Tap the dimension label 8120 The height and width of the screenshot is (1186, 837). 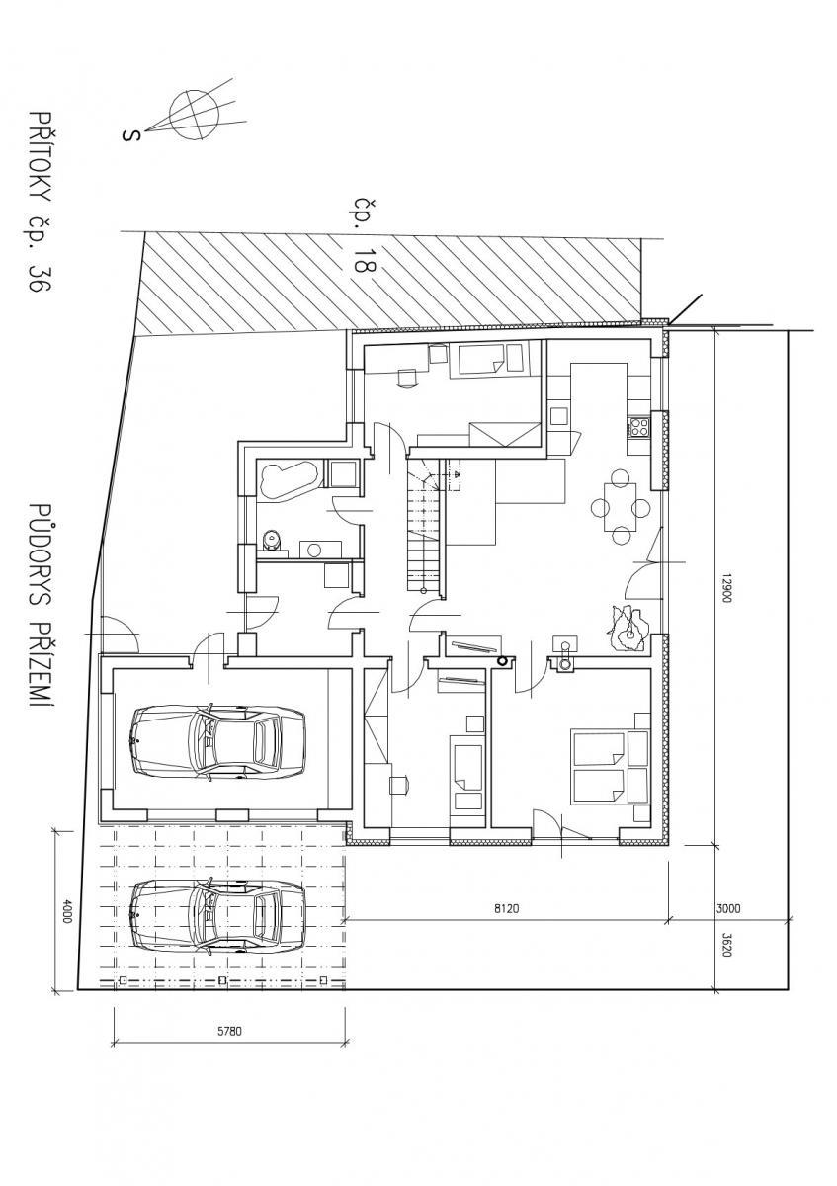tap(507, 908)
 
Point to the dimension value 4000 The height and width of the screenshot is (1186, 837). tap(65, 910)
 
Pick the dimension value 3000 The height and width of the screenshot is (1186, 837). tap(728, 908)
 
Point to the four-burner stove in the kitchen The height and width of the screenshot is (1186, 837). tap(638, 427)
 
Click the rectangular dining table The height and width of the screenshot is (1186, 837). tap(620, 507)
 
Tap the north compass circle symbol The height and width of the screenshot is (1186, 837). tap(194, 115)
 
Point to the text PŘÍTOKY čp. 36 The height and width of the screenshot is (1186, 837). tap(41, 202)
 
